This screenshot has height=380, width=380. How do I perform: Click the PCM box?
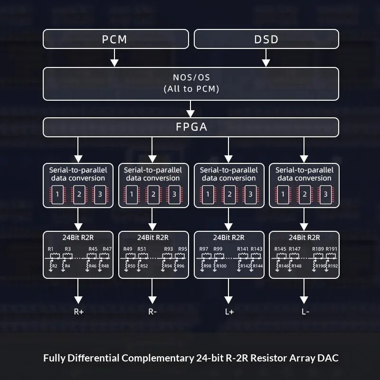[115, 39]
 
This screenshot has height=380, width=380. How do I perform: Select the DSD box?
[266, 39]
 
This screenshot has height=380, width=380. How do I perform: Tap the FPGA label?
[190, 127]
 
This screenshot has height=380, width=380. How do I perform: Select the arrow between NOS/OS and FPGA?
[190, 109]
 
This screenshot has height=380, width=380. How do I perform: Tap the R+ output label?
[79, 312]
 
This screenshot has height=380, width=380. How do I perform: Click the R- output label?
[152, 312]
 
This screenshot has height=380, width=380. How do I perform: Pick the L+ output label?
[229, 312]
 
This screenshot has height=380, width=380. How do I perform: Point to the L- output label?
[304, 312]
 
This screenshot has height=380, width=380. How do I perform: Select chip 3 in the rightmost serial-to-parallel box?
[325, 194]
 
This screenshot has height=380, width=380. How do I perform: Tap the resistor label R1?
[51, 249]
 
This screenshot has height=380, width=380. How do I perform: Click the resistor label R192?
[332, 266]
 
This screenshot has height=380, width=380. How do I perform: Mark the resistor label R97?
[204, 249]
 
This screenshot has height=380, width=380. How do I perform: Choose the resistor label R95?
[182, 249]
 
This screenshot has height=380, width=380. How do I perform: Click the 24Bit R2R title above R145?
[304, 237]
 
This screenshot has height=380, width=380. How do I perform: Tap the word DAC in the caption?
[328, 358]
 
